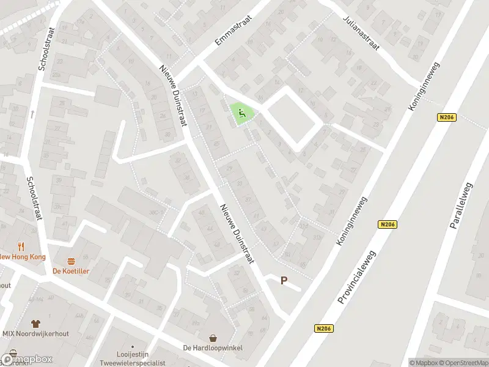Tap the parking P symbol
tap(284, 281)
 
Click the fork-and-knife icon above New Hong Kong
tap(21, 247)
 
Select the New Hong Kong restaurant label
tap(22, 257)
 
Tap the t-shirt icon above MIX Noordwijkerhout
tap(35, 323)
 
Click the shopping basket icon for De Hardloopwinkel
tap(213, 338)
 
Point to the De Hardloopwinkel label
tap(213, 348)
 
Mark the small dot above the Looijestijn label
tap(133, 346)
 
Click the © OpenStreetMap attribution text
tap(464, 362)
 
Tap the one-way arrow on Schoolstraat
tap(31, 114)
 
